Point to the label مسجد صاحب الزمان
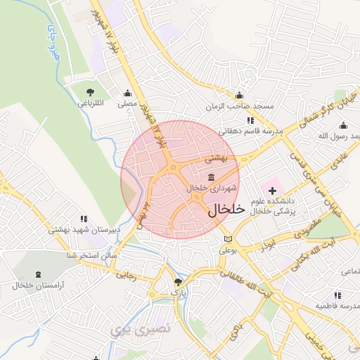click(x=244, y=105)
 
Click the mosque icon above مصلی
click(x=127, y=94)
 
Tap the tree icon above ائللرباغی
click(x=90, y=93)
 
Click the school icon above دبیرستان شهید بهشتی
click(x=84, y=219)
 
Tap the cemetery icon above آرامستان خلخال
click(x=38, y=275)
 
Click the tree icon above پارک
click(x=177, y=283)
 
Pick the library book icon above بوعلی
click(x=226, y=240)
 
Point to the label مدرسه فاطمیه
click(x=338, y=307)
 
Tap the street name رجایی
click(x=125, y=276)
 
